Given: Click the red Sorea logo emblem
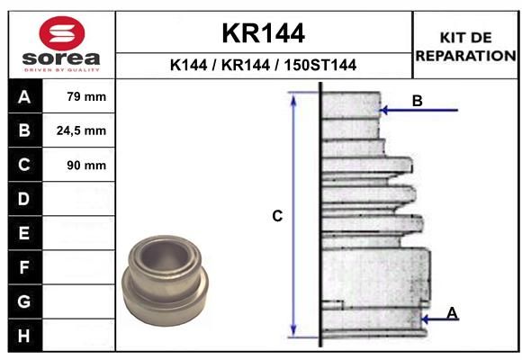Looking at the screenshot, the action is [x=62, y=33].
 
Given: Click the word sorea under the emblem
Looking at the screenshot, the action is [x=61, y=58].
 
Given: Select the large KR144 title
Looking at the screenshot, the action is [x=264, y=33].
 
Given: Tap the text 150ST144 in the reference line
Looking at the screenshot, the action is [x=320, y=65].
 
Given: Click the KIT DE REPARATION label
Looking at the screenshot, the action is [x=465, y=47].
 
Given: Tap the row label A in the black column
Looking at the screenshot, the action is [x=24, y=97].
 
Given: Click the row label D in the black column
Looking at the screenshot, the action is [x=24, y=199].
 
